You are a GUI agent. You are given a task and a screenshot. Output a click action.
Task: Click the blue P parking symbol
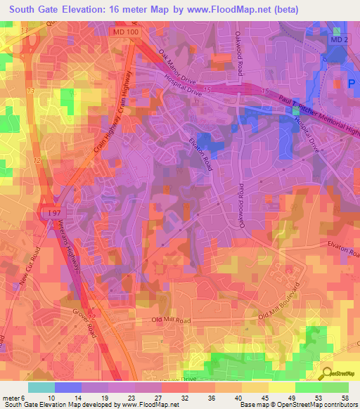point(351,83)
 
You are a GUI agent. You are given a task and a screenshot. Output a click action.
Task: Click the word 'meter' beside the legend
point(12,398)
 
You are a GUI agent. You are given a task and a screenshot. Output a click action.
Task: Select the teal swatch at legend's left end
point(41,387)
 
